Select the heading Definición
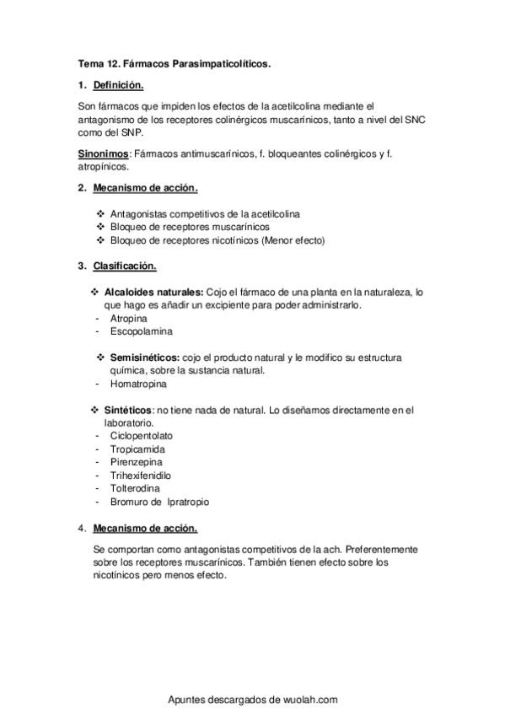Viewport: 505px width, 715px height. pos(118,85)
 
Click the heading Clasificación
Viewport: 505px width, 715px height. pos(125,267)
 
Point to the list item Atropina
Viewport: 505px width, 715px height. pos(128,320)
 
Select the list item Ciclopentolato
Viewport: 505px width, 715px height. pos(142,436)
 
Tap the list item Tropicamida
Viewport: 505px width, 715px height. pos(137,449)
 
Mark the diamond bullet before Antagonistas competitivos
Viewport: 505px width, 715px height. pos(100,215)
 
